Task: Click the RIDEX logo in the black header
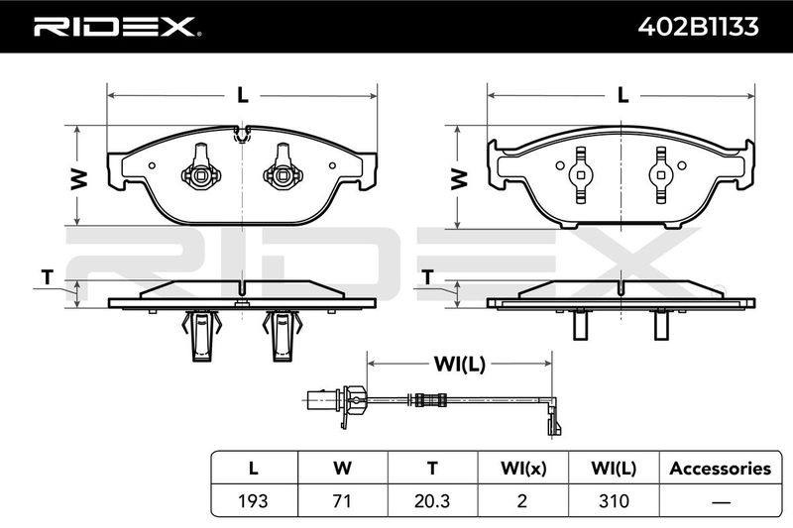coord(117,27)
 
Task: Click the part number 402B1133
coord(698,27)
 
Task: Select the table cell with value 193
coord(254,500)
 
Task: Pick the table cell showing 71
coord(342,500)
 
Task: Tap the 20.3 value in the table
coord(432,500)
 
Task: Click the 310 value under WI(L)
coord(614,500)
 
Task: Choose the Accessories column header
coord(721,469)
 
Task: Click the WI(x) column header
coord(523,469)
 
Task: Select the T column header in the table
coord(432,469)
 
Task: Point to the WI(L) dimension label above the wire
coord(459,364)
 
